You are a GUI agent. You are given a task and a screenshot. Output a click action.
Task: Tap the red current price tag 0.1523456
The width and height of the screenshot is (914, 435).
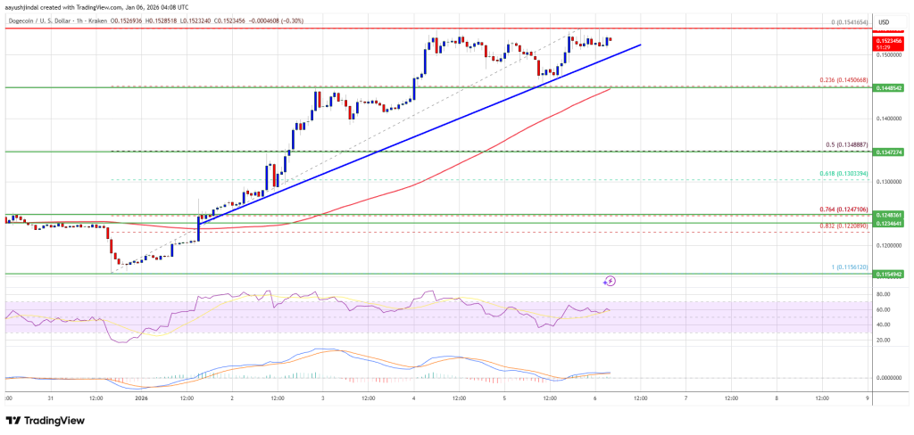(889, 41)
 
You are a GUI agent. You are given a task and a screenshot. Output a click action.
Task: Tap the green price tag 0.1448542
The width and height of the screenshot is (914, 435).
(889, 88)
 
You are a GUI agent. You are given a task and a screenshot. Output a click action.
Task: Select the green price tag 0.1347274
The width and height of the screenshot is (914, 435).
(889, 152)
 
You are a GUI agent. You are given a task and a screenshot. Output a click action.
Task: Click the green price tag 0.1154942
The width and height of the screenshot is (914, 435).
(889, 275)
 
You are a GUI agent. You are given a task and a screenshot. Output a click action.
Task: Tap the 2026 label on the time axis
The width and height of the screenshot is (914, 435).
(140, 398)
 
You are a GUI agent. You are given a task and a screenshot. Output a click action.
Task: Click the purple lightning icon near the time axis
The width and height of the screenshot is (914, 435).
(611, 281)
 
